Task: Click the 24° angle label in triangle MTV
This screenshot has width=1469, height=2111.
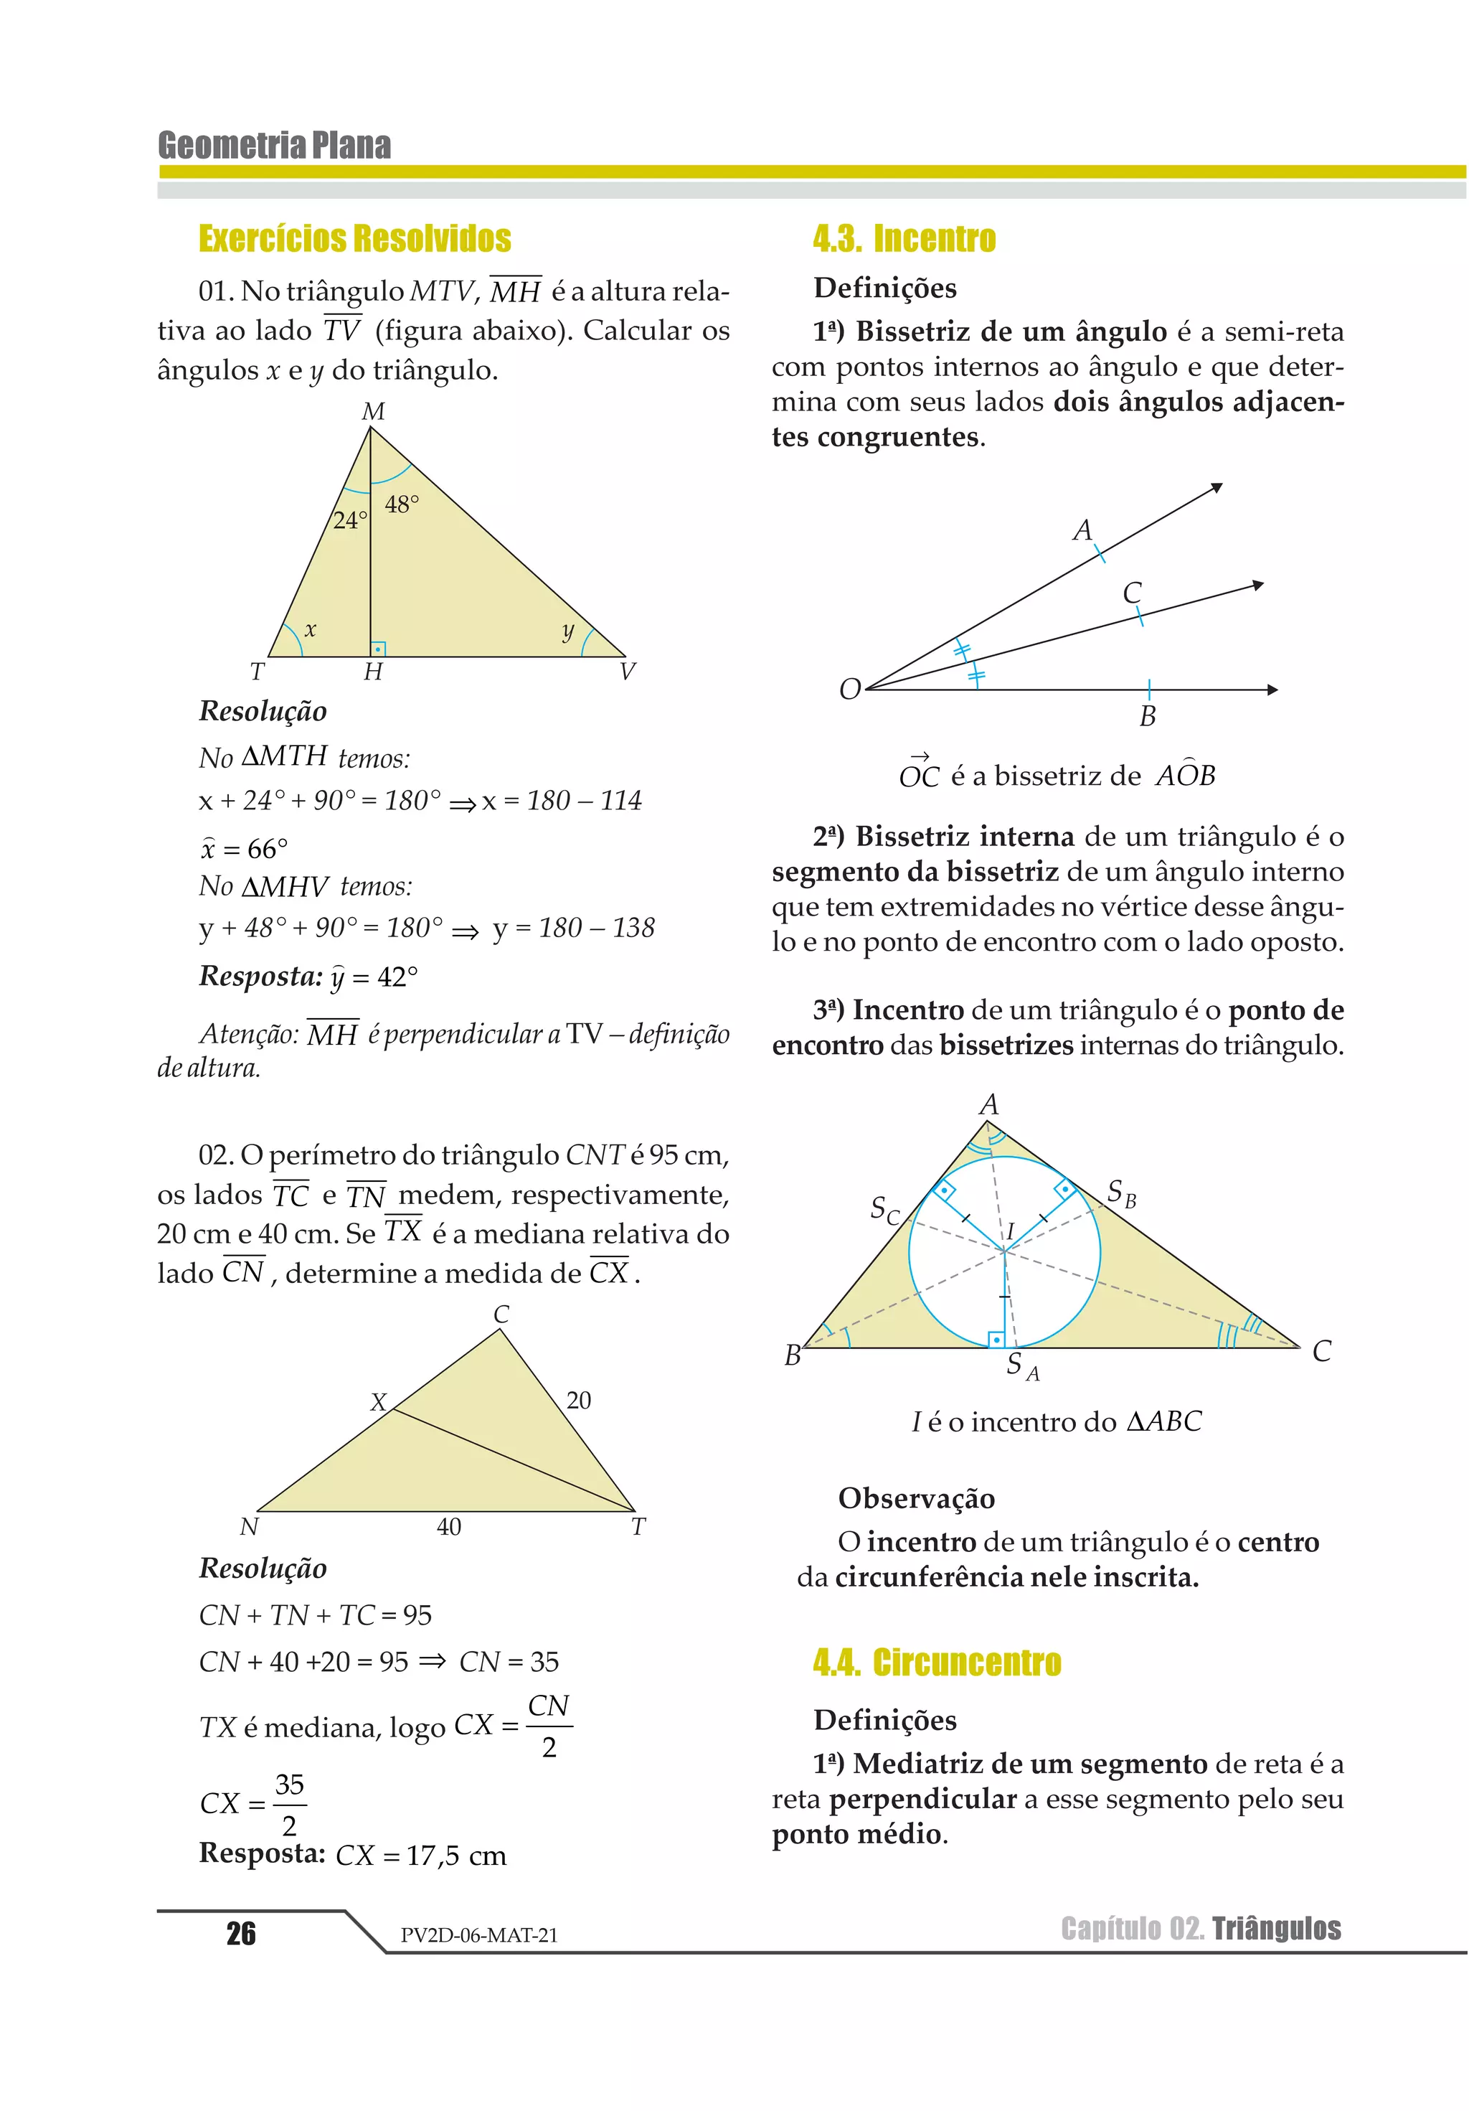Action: tap(349, 520)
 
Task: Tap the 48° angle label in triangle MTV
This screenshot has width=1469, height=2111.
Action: tap(402, 504)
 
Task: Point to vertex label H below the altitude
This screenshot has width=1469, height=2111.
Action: tap(372, 672)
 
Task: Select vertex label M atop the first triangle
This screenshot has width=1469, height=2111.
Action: tap(373, 411)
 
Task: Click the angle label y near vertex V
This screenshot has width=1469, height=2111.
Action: tap(568, 631)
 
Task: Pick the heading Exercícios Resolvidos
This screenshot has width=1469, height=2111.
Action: tap(355, 238)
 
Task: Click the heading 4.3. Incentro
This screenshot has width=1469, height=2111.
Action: tap(904, 238)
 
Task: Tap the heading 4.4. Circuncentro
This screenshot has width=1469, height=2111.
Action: tap(937, 1663)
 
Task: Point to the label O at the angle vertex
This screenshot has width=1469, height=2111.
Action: tap(849, 689)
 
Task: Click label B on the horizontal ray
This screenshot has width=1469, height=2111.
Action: tap(1147, 716)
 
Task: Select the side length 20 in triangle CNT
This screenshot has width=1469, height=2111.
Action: tap(578, 1401)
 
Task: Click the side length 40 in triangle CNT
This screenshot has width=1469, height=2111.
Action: tap(448, 1527)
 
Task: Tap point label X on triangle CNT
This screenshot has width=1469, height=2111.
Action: tap(378, 1402)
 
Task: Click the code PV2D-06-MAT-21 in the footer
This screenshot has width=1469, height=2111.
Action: tap(479, 1935)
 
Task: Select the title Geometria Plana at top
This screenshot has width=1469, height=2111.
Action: tap(274, 145)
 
